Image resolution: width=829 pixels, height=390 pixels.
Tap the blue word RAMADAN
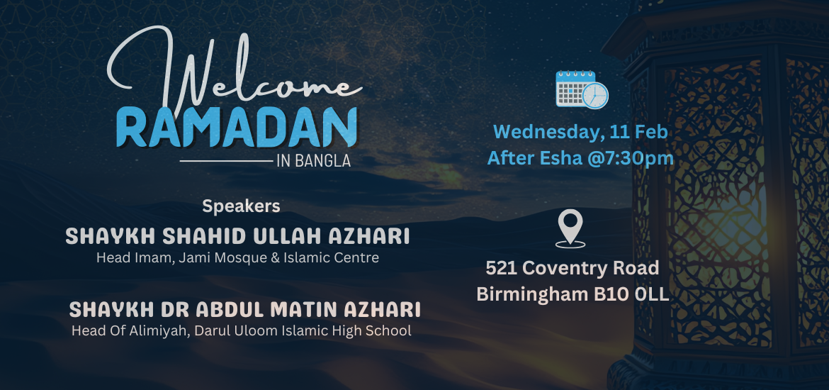coord(237,128)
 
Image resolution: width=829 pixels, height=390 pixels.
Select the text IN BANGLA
coord(313,161)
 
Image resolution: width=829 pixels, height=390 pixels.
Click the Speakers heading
coord(241,206)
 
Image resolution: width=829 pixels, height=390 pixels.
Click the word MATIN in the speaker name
coord(305,310)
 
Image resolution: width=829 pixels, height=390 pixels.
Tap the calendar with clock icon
coord(582,89)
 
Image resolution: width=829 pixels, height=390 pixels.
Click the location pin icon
coord(570,228)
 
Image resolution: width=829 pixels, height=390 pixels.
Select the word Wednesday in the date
coord(548,133)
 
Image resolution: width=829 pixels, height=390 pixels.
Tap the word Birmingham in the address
coord(532,294)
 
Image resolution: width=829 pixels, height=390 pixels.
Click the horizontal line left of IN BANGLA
coord(226,161)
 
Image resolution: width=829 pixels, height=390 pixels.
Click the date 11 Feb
coord(638,132)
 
